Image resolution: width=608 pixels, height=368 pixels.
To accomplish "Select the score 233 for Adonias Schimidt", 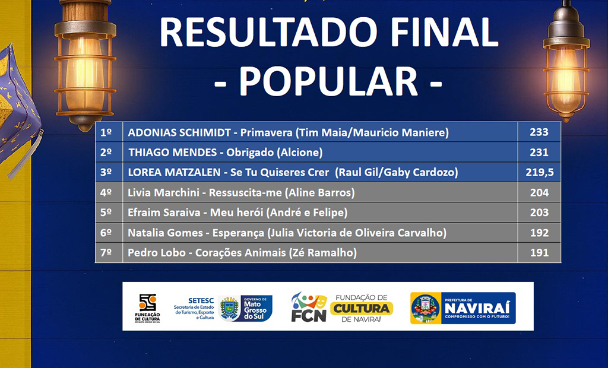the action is coord(539,132).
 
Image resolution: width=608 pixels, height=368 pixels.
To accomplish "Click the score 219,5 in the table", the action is coord(539,172).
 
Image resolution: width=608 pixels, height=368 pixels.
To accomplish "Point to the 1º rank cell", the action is coord(106,132).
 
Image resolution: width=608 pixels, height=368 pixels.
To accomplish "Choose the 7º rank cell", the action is coord(106,252).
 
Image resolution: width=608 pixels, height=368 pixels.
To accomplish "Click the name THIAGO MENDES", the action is coord(173,153).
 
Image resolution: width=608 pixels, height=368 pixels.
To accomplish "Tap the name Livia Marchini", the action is coord(163,192).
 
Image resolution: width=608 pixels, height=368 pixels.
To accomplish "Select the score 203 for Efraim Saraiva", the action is coord(539,212).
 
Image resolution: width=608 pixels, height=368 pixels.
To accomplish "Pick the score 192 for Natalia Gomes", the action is coord(539,233).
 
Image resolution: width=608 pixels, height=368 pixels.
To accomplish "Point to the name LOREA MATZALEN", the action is coord(174,172).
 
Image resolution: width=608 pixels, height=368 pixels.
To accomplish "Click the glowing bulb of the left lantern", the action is coord(84,74).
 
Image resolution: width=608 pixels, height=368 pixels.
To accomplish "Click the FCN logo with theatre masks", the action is coord(309,307).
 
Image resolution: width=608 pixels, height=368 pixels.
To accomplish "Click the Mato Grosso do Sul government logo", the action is coord(245,308).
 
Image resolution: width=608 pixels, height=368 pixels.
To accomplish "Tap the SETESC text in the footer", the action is coord(201,300).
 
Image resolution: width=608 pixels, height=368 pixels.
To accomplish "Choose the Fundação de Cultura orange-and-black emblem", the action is coord(147,303).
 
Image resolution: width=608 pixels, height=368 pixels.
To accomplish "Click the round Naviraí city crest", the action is coord(426,309).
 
